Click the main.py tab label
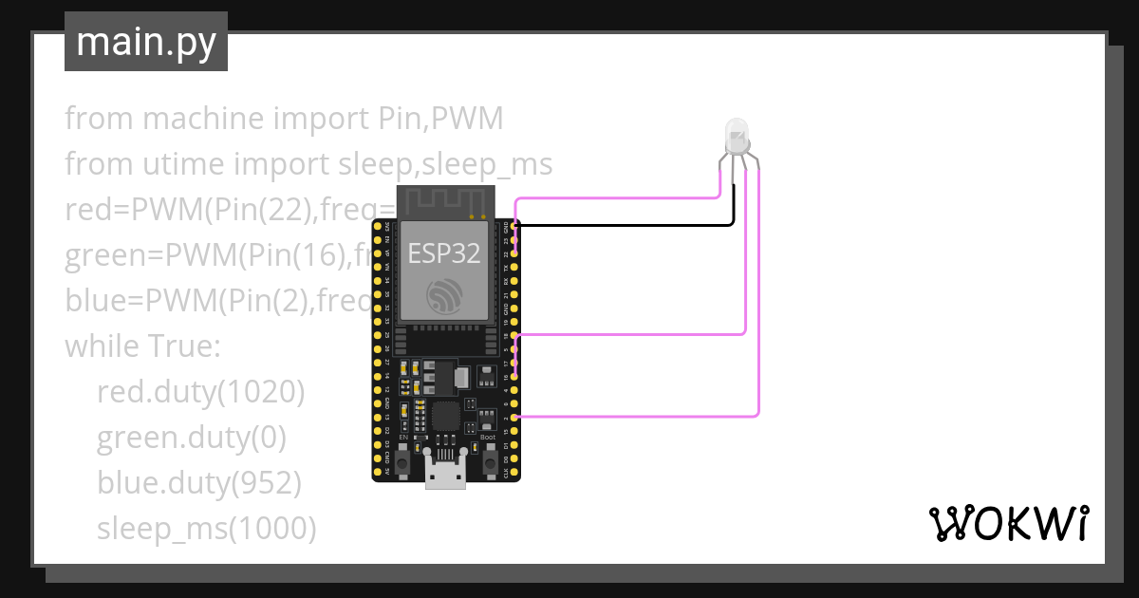click(145, 43)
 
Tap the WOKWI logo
click(1007, 523)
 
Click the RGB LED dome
click(737, 135)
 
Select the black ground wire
click(626, 225)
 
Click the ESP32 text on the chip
click(443, 252)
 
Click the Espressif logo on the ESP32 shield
click(444, 296)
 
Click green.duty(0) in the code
click(191, 438)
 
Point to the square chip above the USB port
click(444, 415)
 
